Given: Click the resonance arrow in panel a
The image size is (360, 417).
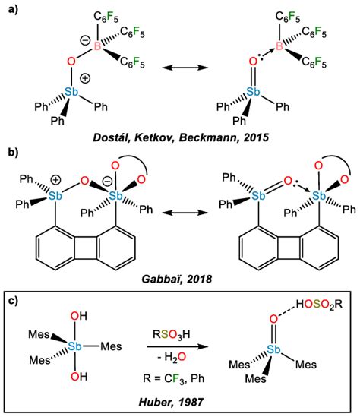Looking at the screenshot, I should click(x=182, y=69).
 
